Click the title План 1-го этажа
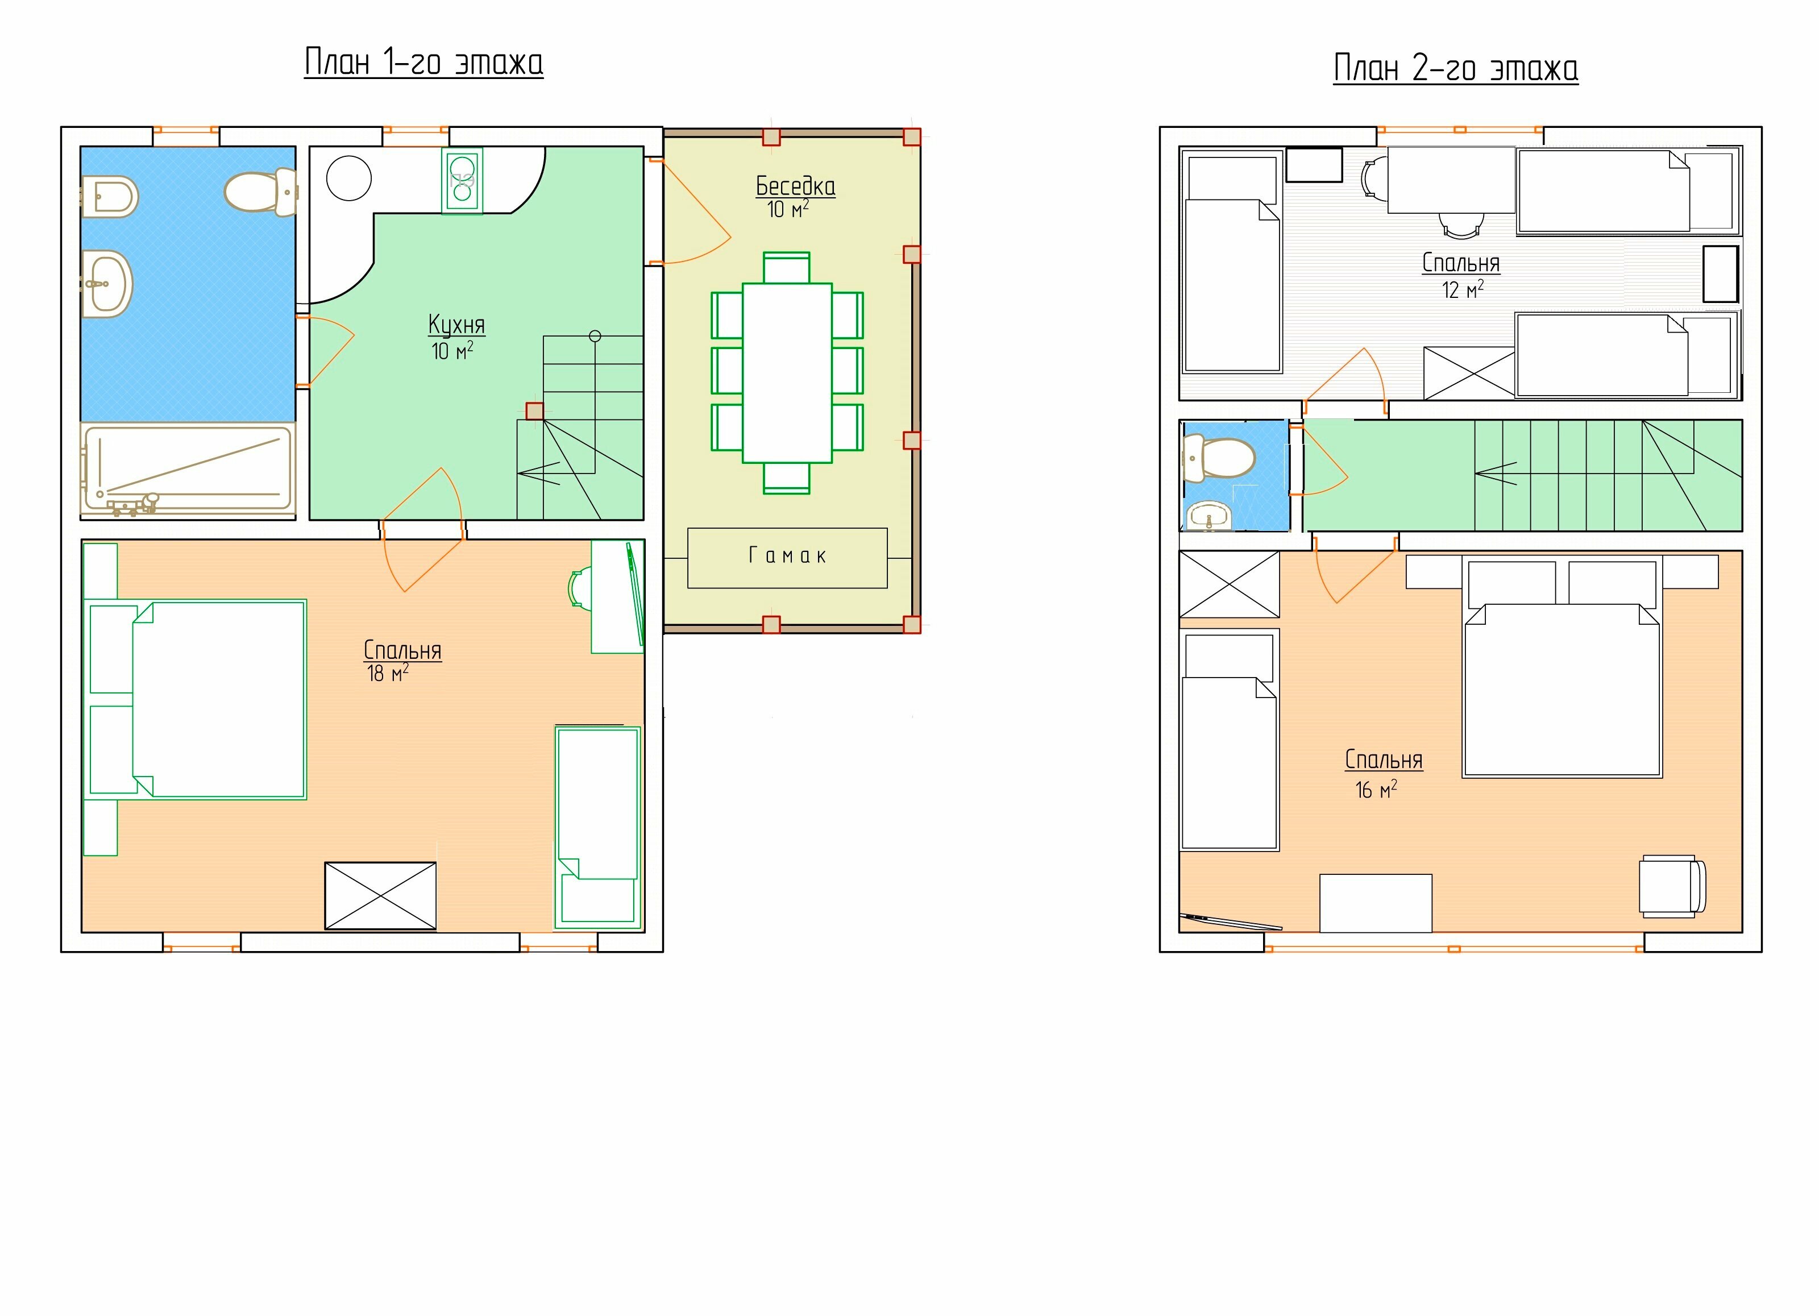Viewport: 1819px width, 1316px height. [423, 63]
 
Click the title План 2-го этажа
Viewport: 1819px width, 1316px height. [1456, 68]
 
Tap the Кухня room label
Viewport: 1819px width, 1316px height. [456, 325]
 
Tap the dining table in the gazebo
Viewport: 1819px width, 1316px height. [787, 373]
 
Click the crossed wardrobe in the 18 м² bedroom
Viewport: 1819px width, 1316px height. [380, 896]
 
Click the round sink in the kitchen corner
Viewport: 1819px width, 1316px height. [349, 178]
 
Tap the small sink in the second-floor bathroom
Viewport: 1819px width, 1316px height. [1208, 516]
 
